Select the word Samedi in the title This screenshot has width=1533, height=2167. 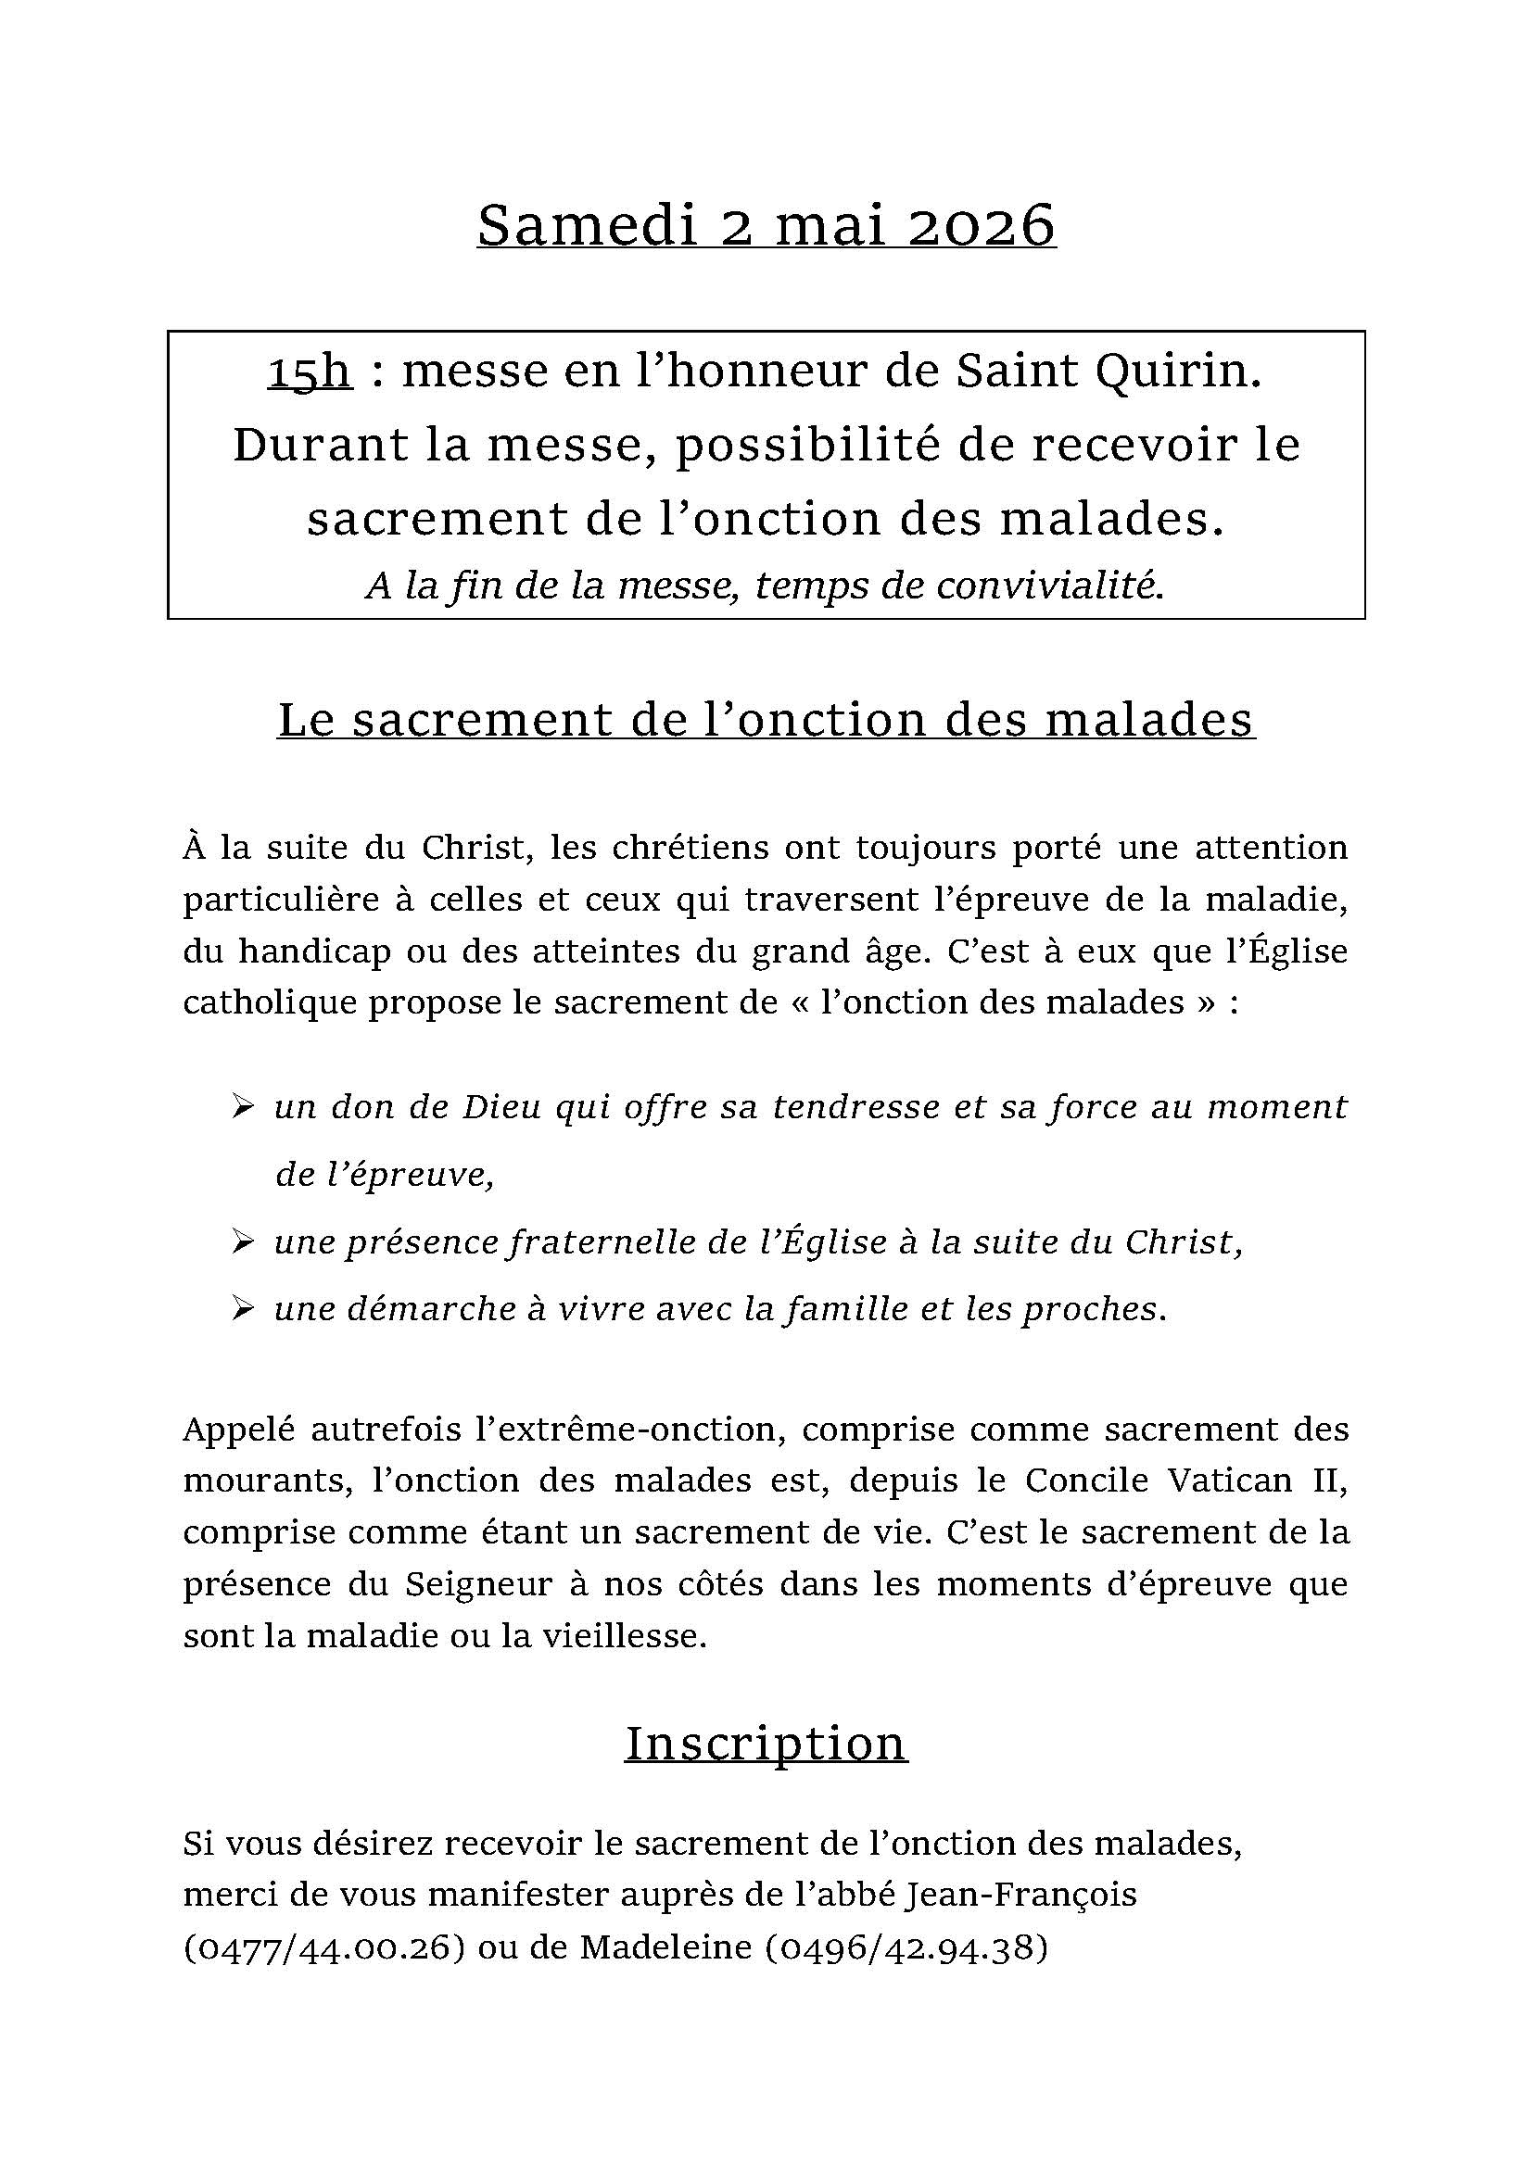pos(586,225)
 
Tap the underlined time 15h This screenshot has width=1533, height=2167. pos(310,371)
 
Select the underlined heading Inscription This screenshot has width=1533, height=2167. pos(766,1744)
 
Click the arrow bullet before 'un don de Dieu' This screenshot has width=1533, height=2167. pos(243,1106)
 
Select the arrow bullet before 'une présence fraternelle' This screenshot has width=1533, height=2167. pos(243,1242)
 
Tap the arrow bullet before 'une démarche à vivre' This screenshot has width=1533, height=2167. pos(243,1309)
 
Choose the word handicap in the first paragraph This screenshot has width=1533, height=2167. pos(313,951)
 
